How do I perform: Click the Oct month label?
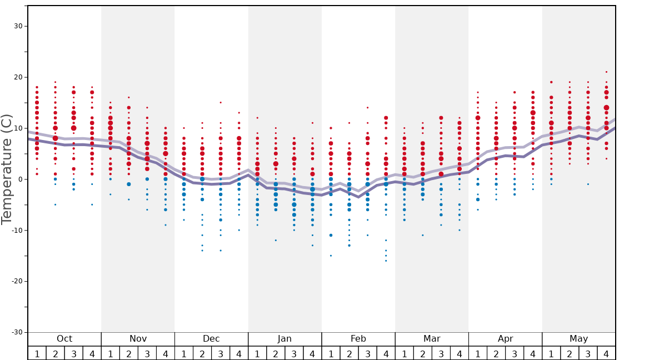(64, 339)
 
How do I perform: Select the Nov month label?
(138, 339)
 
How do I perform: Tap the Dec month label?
(211, 339)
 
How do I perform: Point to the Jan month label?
(284, 339)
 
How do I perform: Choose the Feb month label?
(358, 339)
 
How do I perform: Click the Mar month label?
(432, 339)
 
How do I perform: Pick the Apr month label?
(505, 339)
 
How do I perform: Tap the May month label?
(578, 339)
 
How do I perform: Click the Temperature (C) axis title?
(7, 169)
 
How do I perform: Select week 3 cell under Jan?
(294, 353)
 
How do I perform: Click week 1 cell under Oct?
(37, 353)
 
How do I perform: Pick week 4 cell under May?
(606, 353)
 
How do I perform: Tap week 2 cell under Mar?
(423, 353)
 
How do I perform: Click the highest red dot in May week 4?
(606, 72)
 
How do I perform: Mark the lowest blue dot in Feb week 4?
(386, 261)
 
